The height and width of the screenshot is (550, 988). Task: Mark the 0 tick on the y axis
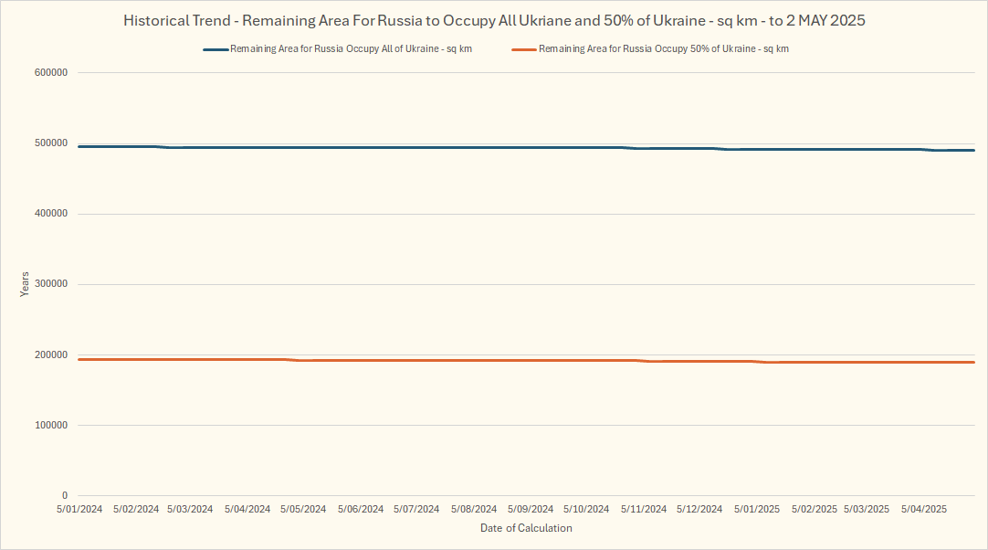click(x=65, y=495)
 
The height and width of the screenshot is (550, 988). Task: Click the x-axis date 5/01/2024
click(x=79, y=509)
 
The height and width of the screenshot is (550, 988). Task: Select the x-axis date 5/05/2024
click(x=304, y=509)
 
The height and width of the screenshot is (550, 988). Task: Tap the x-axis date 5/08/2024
click(x=474, y=509)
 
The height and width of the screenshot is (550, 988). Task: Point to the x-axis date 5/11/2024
click(x=644, y=509)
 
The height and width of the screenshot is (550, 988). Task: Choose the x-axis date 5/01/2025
click(x=757, y=509)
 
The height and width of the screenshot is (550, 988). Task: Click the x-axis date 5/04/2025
click(x=924, y=509)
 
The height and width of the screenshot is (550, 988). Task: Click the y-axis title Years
click(x=25, y=284)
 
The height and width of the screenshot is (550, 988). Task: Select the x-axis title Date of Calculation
click(x=526, y=528)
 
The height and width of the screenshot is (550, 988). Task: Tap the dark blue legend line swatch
click(x=215, y=49)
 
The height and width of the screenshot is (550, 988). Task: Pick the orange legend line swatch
click(x=524, y=49)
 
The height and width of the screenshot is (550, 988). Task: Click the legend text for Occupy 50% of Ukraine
click(x=664, y=49)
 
